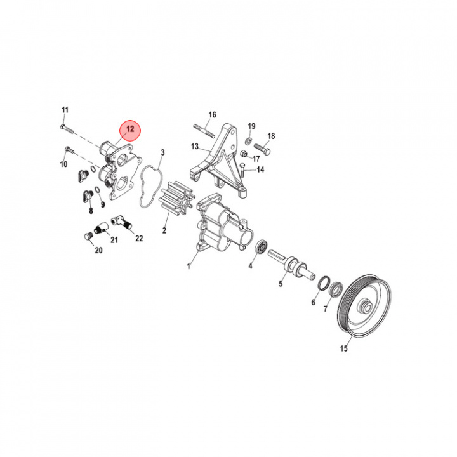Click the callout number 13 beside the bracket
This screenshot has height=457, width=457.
(195, 147)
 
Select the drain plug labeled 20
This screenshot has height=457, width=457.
(89, 237)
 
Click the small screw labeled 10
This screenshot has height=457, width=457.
(69, 151)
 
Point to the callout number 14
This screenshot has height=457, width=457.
(260, 170)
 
